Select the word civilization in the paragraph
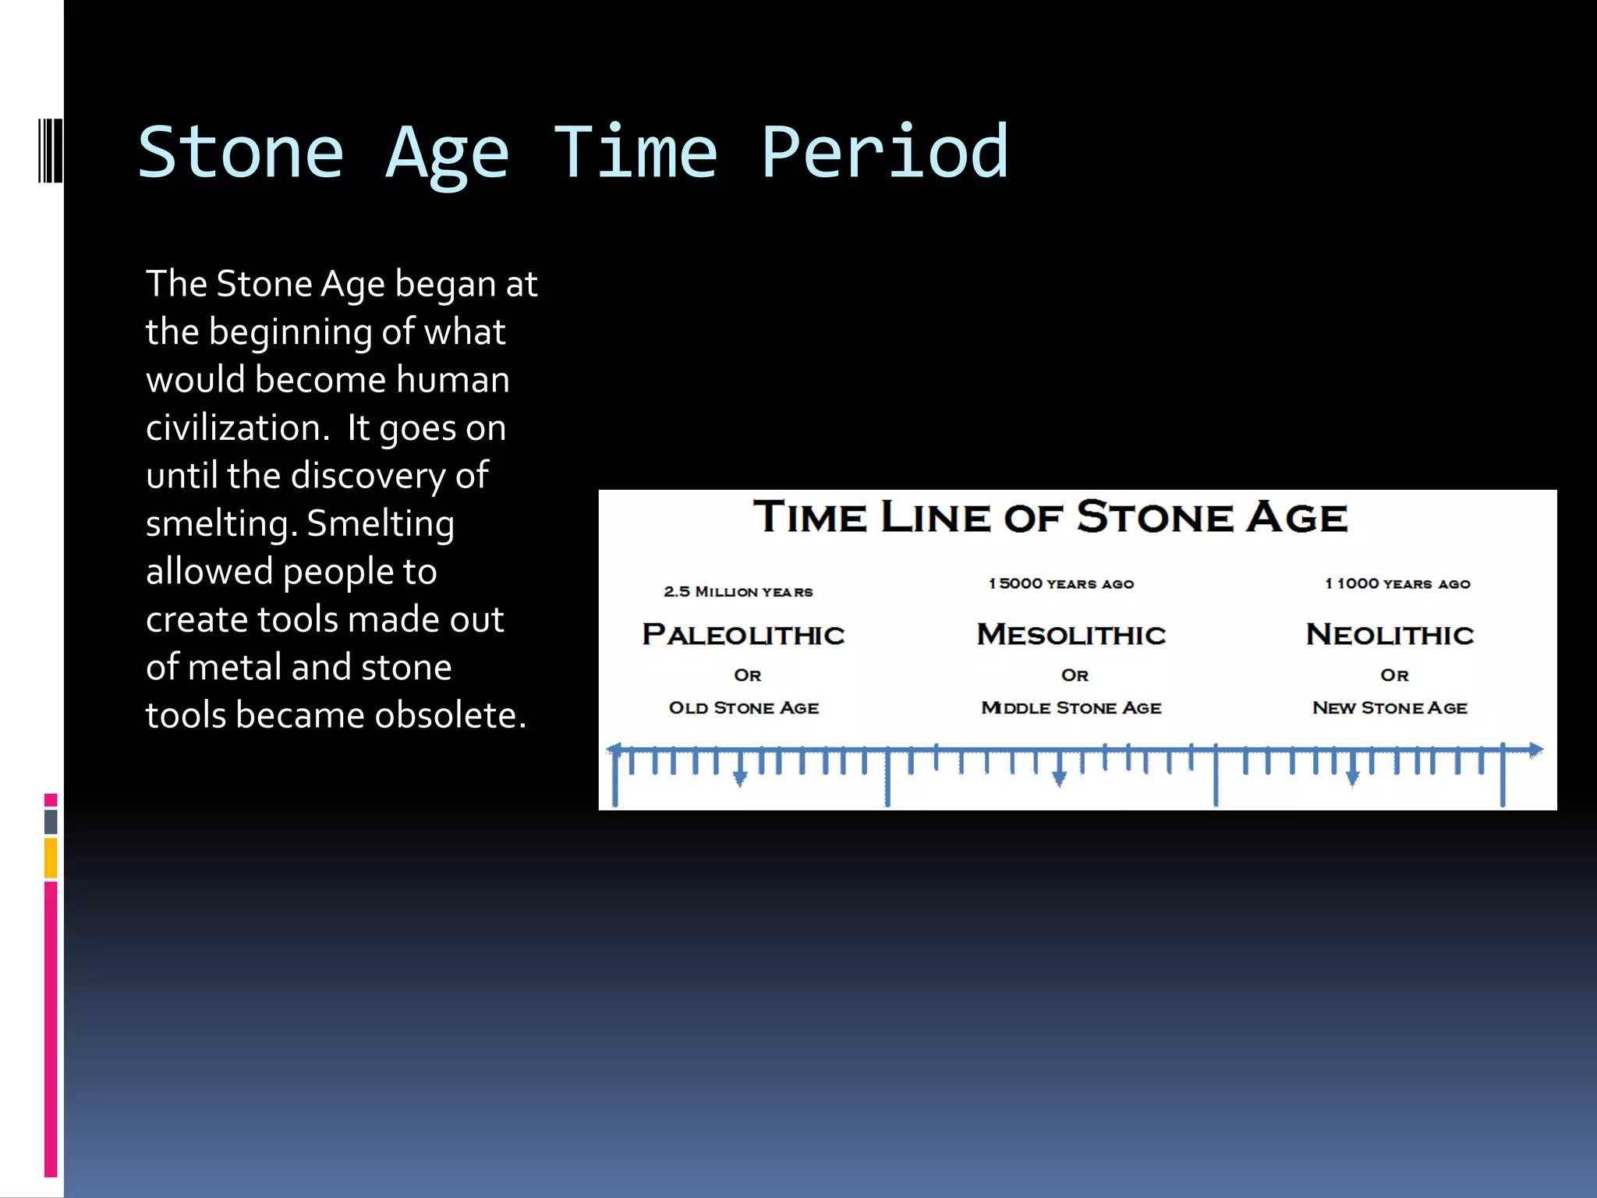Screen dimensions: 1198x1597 [x=233, y=428]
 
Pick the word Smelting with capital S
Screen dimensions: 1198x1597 [x=380, y=523]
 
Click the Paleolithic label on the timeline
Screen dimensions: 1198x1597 [x=743, y=635]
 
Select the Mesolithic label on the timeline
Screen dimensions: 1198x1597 [x=1071, y=635]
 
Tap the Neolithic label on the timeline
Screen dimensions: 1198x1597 [x=1390, y=635]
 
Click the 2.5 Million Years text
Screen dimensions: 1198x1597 [x=738, y=592]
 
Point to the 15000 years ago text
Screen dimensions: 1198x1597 [x=1061, y=584]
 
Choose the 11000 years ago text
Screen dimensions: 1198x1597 [x=1397, y=584]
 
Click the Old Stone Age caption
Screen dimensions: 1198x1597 [x=743, y=708]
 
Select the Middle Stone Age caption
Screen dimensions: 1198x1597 [x=1071, y=708]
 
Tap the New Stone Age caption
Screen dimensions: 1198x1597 [x=1390, y=708]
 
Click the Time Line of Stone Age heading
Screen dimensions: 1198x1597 [x=1050, y=517]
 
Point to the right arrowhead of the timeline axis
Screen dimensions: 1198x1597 [x=1535, y=750]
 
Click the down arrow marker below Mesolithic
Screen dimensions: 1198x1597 [x=1059, y=778]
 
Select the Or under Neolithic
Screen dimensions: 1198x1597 [x=1394, y=675]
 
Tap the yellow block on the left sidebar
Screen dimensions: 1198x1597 [x=51, y=858]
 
